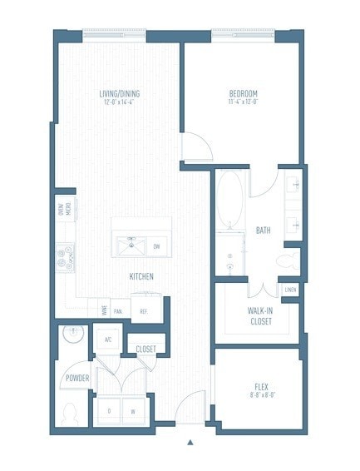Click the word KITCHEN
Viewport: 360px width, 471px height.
coord(141,276)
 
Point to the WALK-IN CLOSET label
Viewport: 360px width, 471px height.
coord(261,315)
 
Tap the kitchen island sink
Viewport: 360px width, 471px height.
coord(130,245)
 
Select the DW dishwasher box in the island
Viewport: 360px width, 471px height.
coord(156,246)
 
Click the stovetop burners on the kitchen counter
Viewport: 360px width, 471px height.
coord(66,258)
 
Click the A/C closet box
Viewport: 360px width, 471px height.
coord(108,339)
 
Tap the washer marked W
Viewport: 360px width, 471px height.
coord(131,411)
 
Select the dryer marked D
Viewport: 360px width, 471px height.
coord(110,411)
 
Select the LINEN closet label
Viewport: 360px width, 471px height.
coord(289,290)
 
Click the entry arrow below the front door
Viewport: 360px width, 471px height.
coord(190,442)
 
